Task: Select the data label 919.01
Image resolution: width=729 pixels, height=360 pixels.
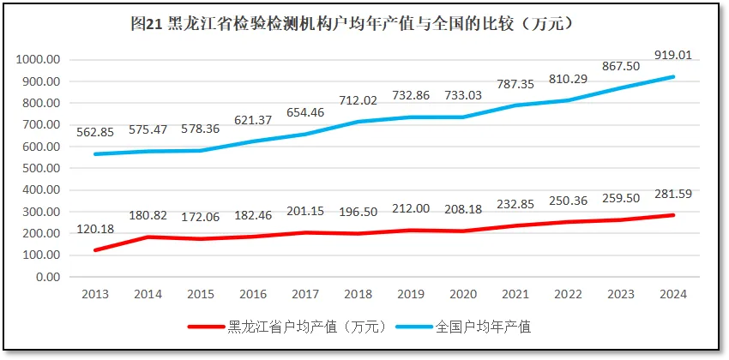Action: [x=672, y=56]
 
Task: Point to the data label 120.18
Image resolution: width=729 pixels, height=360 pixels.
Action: [x=94, y=229]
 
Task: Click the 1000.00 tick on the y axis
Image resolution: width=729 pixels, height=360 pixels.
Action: [x=38, y=60]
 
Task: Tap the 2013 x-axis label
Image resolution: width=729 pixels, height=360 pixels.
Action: [x=94, y=294]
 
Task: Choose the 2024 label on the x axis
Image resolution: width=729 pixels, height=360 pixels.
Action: [x=672, y=294]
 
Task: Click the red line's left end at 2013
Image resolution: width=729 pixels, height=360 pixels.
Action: [x=94, y=250]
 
